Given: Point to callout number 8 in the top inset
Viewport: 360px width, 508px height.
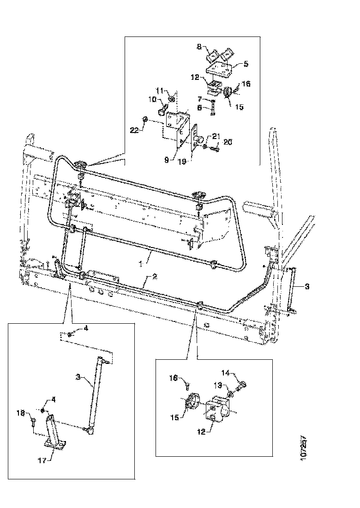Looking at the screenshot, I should (x=199, y=47).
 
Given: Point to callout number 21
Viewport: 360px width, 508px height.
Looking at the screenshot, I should (x=216, y=135).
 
